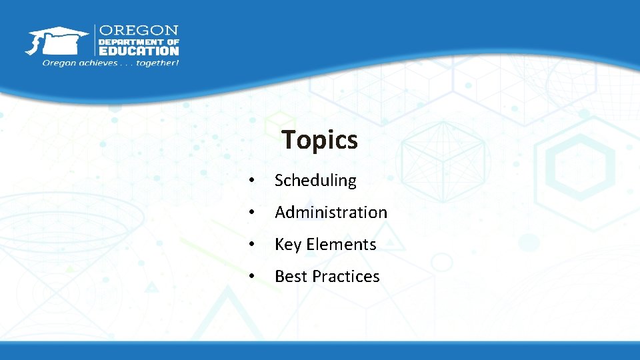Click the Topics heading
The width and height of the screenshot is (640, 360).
[x=319, y=140]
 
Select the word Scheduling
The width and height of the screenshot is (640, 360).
[x=315, y=181]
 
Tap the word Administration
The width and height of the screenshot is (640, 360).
[x=331, y=213]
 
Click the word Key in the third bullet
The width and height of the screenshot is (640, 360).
[x=288, y=245]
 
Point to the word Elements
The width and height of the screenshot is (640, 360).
[x=341, y=245]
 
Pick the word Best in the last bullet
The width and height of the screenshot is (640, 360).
[x=289, y=277]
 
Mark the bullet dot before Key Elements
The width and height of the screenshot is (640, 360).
[x=251, y=245]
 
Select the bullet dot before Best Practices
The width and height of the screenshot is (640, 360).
[x=251, y=277]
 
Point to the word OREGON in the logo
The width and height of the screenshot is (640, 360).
[x=139, y=31]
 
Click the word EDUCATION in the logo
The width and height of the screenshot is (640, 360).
[x=139, y=50]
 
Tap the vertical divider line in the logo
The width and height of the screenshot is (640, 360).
[x=95, y=41]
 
